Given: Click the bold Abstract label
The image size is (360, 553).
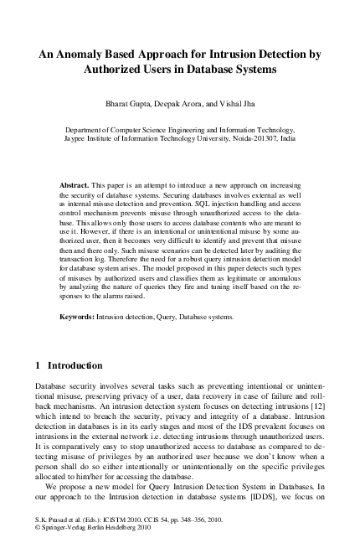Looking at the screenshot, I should click(x=75, y=183).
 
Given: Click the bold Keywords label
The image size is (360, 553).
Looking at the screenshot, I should click(x=80, y=318).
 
